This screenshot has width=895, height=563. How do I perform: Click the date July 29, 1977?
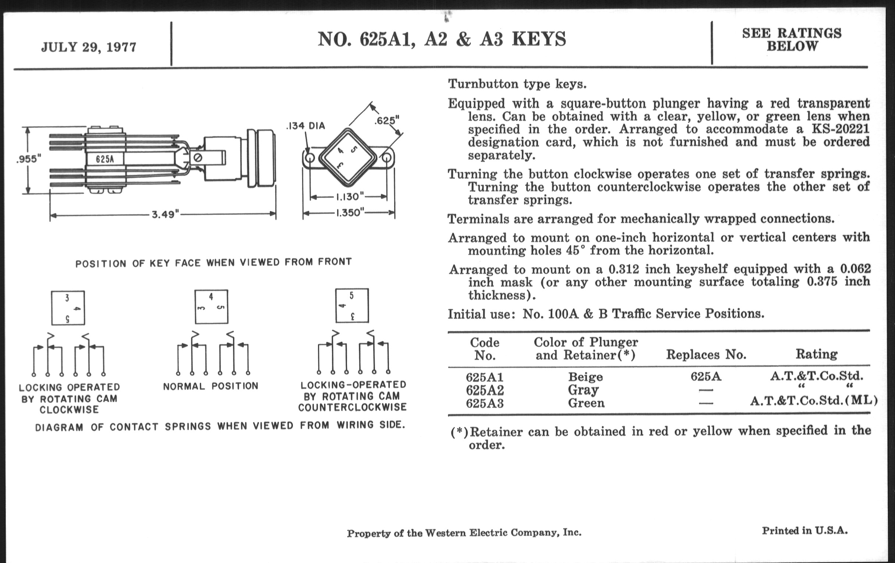click(x=88, y=47)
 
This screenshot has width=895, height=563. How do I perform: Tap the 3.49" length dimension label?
click(x=165, y=215)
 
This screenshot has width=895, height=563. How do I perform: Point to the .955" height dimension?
click(x=29, y=159)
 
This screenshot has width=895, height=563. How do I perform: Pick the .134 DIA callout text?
click(x=305, y=126)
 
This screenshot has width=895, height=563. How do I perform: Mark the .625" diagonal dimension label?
click(x=386, y=120)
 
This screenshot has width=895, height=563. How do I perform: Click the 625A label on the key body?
click(x=105, y=159)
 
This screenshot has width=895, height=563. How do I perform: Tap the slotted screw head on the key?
click(x=198, y=157)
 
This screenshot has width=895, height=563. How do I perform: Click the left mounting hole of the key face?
click(x=309, y=158)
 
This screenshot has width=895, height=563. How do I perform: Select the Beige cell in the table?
click(x=586, y=377)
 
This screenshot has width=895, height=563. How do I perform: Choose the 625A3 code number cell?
click(x=485, y=403)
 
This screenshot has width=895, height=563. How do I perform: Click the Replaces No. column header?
click(x=706, y=354)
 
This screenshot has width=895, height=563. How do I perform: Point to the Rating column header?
click(x=816, y=354)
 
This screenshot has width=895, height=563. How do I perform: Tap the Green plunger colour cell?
click(x=586, y=403)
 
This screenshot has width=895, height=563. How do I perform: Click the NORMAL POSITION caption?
click(x=211, y=386)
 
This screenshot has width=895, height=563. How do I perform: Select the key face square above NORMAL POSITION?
click(x=211, y=307)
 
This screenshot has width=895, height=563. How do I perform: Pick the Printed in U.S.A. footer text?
click(x=805, y=531)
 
